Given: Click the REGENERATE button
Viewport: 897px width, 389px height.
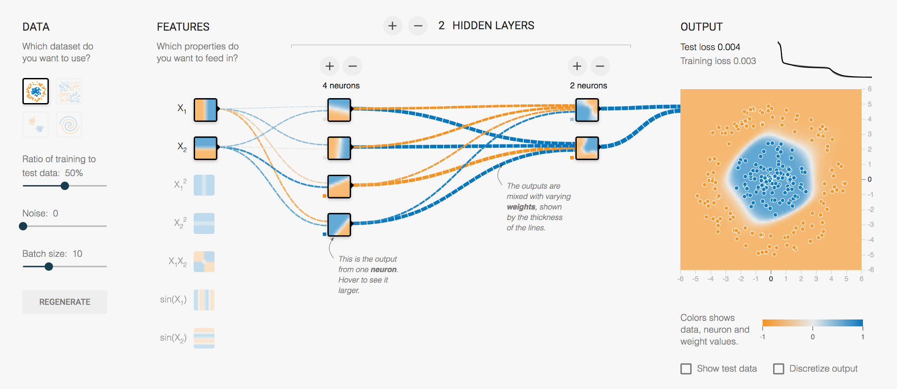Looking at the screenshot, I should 65,302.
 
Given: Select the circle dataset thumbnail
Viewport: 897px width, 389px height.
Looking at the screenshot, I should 35,91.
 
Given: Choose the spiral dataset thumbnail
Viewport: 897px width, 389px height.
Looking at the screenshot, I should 69,125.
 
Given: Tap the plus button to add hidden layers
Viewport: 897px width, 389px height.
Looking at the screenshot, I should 392,26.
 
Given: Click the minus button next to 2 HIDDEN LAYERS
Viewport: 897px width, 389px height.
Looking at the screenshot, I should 418,26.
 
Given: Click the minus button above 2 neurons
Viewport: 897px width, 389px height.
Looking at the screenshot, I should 600,66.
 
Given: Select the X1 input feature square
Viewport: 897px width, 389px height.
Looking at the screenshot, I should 205,110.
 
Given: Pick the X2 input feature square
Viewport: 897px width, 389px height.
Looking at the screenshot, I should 205,148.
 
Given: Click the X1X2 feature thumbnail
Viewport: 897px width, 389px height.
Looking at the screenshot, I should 204,262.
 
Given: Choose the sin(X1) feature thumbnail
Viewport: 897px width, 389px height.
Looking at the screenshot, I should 204,300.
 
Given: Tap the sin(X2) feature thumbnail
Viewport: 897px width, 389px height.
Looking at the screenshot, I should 204,338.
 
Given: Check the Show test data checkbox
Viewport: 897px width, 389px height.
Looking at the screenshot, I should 686,369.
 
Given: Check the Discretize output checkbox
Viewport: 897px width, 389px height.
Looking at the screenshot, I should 779,369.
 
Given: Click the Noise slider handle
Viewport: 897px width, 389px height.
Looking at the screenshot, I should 23,226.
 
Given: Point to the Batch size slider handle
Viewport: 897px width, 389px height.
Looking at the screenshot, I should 49,267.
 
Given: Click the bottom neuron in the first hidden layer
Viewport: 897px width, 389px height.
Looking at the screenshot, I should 339,225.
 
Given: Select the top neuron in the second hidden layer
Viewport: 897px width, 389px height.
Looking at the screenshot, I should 587,110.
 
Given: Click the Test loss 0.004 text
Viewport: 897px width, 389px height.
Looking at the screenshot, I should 710,47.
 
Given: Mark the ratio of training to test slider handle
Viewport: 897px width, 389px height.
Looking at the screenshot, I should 65,186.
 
